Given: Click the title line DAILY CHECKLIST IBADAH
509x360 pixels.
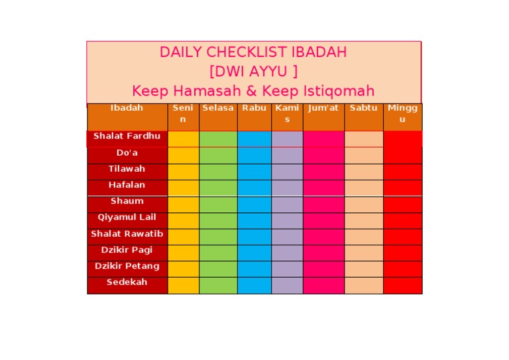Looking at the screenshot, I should coord(253,52).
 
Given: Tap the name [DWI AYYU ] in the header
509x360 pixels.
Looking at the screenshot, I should coord(253,71).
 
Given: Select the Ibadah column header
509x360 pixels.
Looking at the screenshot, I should coord(127,108).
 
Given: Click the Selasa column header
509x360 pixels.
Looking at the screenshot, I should coord(218,108).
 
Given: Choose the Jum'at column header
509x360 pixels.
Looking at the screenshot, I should coord(323,108).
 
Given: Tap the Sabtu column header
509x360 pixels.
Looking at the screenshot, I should coord(363,108).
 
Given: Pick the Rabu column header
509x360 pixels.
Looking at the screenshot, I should coord(254,108).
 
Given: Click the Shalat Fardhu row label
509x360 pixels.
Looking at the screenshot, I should coord(127,137).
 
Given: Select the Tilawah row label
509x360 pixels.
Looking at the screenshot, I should coord(127,169).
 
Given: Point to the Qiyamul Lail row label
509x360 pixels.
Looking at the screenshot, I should coord(127,217).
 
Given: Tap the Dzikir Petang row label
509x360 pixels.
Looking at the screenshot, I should coord(127,267).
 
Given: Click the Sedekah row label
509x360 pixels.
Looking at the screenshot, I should coord(127,282).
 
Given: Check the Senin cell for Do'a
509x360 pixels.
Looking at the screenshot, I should coord(183,155).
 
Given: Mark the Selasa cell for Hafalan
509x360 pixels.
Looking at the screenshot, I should coord(218,188).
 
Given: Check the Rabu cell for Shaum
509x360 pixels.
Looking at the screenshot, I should coord(254,204).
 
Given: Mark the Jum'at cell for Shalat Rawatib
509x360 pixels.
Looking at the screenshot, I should coord(323,236).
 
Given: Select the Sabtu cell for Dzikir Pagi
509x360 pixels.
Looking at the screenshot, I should coord(363,253).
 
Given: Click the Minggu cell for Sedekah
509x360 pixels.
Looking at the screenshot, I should coord(402,285).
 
